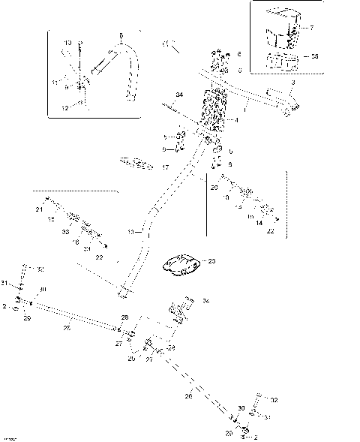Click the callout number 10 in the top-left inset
point(68,43)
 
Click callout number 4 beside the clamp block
point(236,120)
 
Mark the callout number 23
point(212,261)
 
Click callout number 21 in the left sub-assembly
point(39,211)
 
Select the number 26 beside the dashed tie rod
point(188,395)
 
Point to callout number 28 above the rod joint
point(124,317)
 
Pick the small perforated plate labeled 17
point(134,161)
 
